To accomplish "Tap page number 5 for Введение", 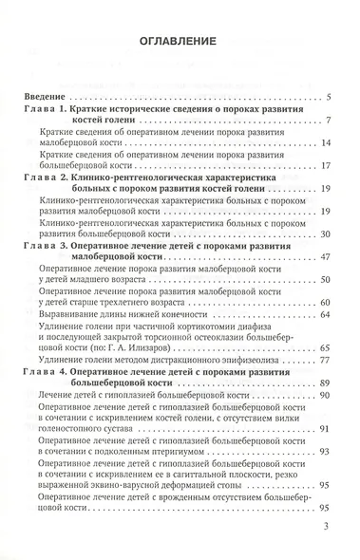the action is [327, 98].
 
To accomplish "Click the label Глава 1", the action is [47, 110].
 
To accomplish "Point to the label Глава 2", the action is [47, 177].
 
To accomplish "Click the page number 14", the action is [325, 143].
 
